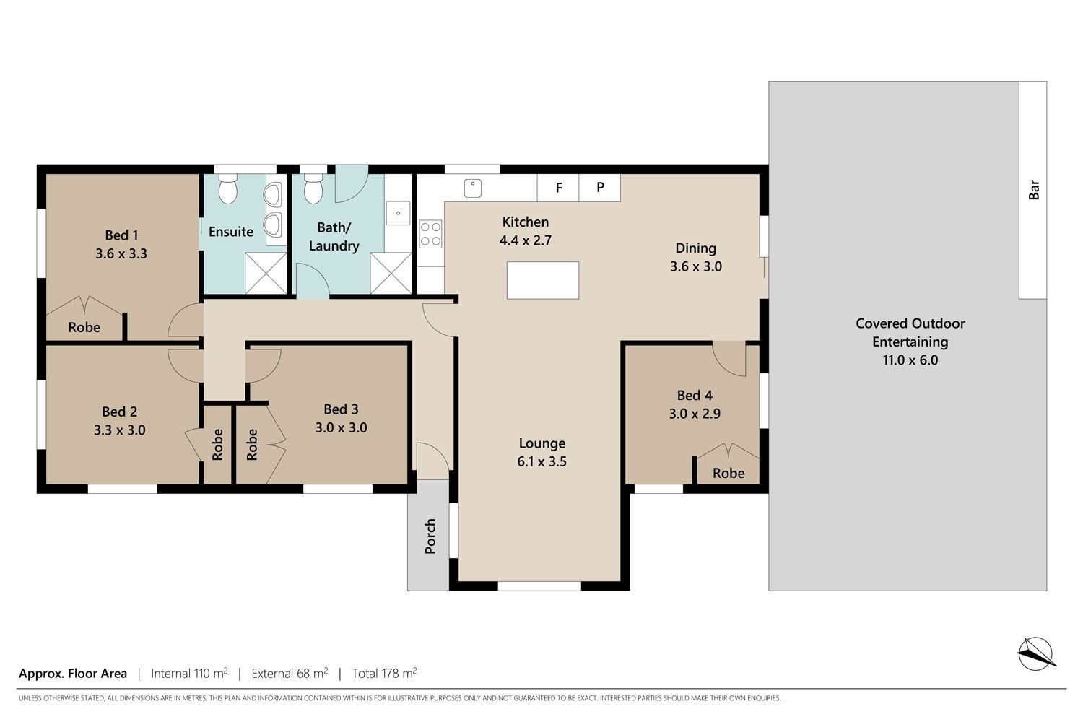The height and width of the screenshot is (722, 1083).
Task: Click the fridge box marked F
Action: pyautogui.click(x=558, y=188)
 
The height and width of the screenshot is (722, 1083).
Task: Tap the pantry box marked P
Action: pyautogui.click(x=600, y=188)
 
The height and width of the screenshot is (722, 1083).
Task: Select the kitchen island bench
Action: pyautogui.click(x=542, y=280)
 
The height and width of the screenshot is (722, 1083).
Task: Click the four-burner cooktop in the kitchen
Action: pyautogui.click(x=430, y=234)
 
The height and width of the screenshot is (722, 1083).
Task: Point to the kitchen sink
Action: pyautogui.click(x=473, y=188)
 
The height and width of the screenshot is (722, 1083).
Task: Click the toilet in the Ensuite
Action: pyautogui.click(x=227, y=189)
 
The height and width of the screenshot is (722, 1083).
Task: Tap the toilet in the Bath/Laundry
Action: pyautogui.click(x=313, y=189)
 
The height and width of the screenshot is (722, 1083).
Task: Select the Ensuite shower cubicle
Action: pyautogui.click(x=266, y=273)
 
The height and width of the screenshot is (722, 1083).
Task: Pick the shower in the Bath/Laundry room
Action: pyautogui.click(x=391, y=273)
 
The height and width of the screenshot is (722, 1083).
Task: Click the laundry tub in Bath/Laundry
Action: pyautogui.click(x=398, y=213)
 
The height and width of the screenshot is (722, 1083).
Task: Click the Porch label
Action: pyautogui.click(x=430, y=536)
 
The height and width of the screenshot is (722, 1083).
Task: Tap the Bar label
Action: pyautogui.click(x=1034, y=190)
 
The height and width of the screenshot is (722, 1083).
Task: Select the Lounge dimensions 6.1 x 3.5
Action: pyautogui.click(x=542, y=461)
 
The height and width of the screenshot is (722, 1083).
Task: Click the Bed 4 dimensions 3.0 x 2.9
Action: pyautogui.click(x=695, y=414)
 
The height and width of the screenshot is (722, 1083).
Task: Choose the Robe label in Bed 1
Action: pyautogui.click(x=84, y=327)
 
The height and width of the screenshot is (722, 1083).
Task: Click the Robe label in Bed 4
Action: pyautogui.click(x=728, y=473)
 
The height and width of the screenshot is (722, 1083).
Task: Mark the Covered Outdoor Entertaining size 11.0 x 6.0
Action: pyautogui.click(x=910, y=360)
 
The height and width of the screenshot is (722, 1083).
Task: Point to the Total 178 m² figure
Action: pyautogui.click(x=384, y=673)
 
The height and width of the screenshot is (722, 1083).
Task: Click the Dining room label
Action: pyautogui.click(x=696, y=248)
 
